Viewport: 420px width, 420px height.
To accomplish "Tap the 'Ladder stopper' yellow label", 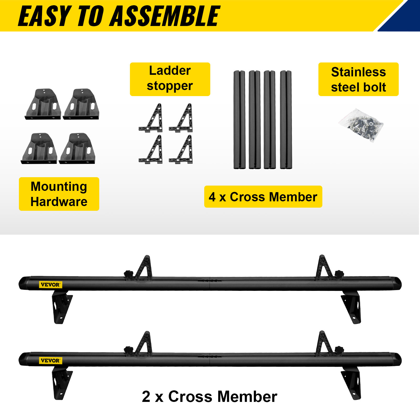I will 170,79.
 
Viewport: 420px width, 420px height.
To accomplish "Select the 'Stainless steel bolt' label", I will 358,79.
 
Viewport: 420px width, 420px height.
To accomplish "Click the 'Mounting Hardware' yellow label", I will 59,194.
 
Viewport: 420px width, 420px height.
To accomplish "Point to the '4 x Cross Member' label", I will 263,197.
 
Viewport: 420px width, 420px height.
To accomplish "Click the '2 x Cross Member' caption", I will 209,396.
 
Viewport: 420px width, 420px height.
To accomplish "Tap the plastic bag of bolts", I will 362,125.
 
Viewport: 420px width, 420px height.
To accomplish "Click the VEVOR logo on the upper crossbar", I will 50,285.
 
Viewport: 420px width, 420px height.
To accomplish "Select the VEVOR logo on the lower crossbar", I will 50,360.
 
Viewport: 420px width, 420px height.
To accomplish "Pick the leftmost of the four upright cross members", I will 239,120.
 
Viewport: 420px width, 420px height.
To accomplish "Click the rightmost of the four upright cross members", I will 286,120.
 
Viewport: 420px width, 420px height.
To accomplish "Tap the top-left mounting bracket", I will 43,104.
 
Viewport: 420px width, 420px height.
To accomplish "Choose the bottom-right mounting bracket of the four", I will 77,149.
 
